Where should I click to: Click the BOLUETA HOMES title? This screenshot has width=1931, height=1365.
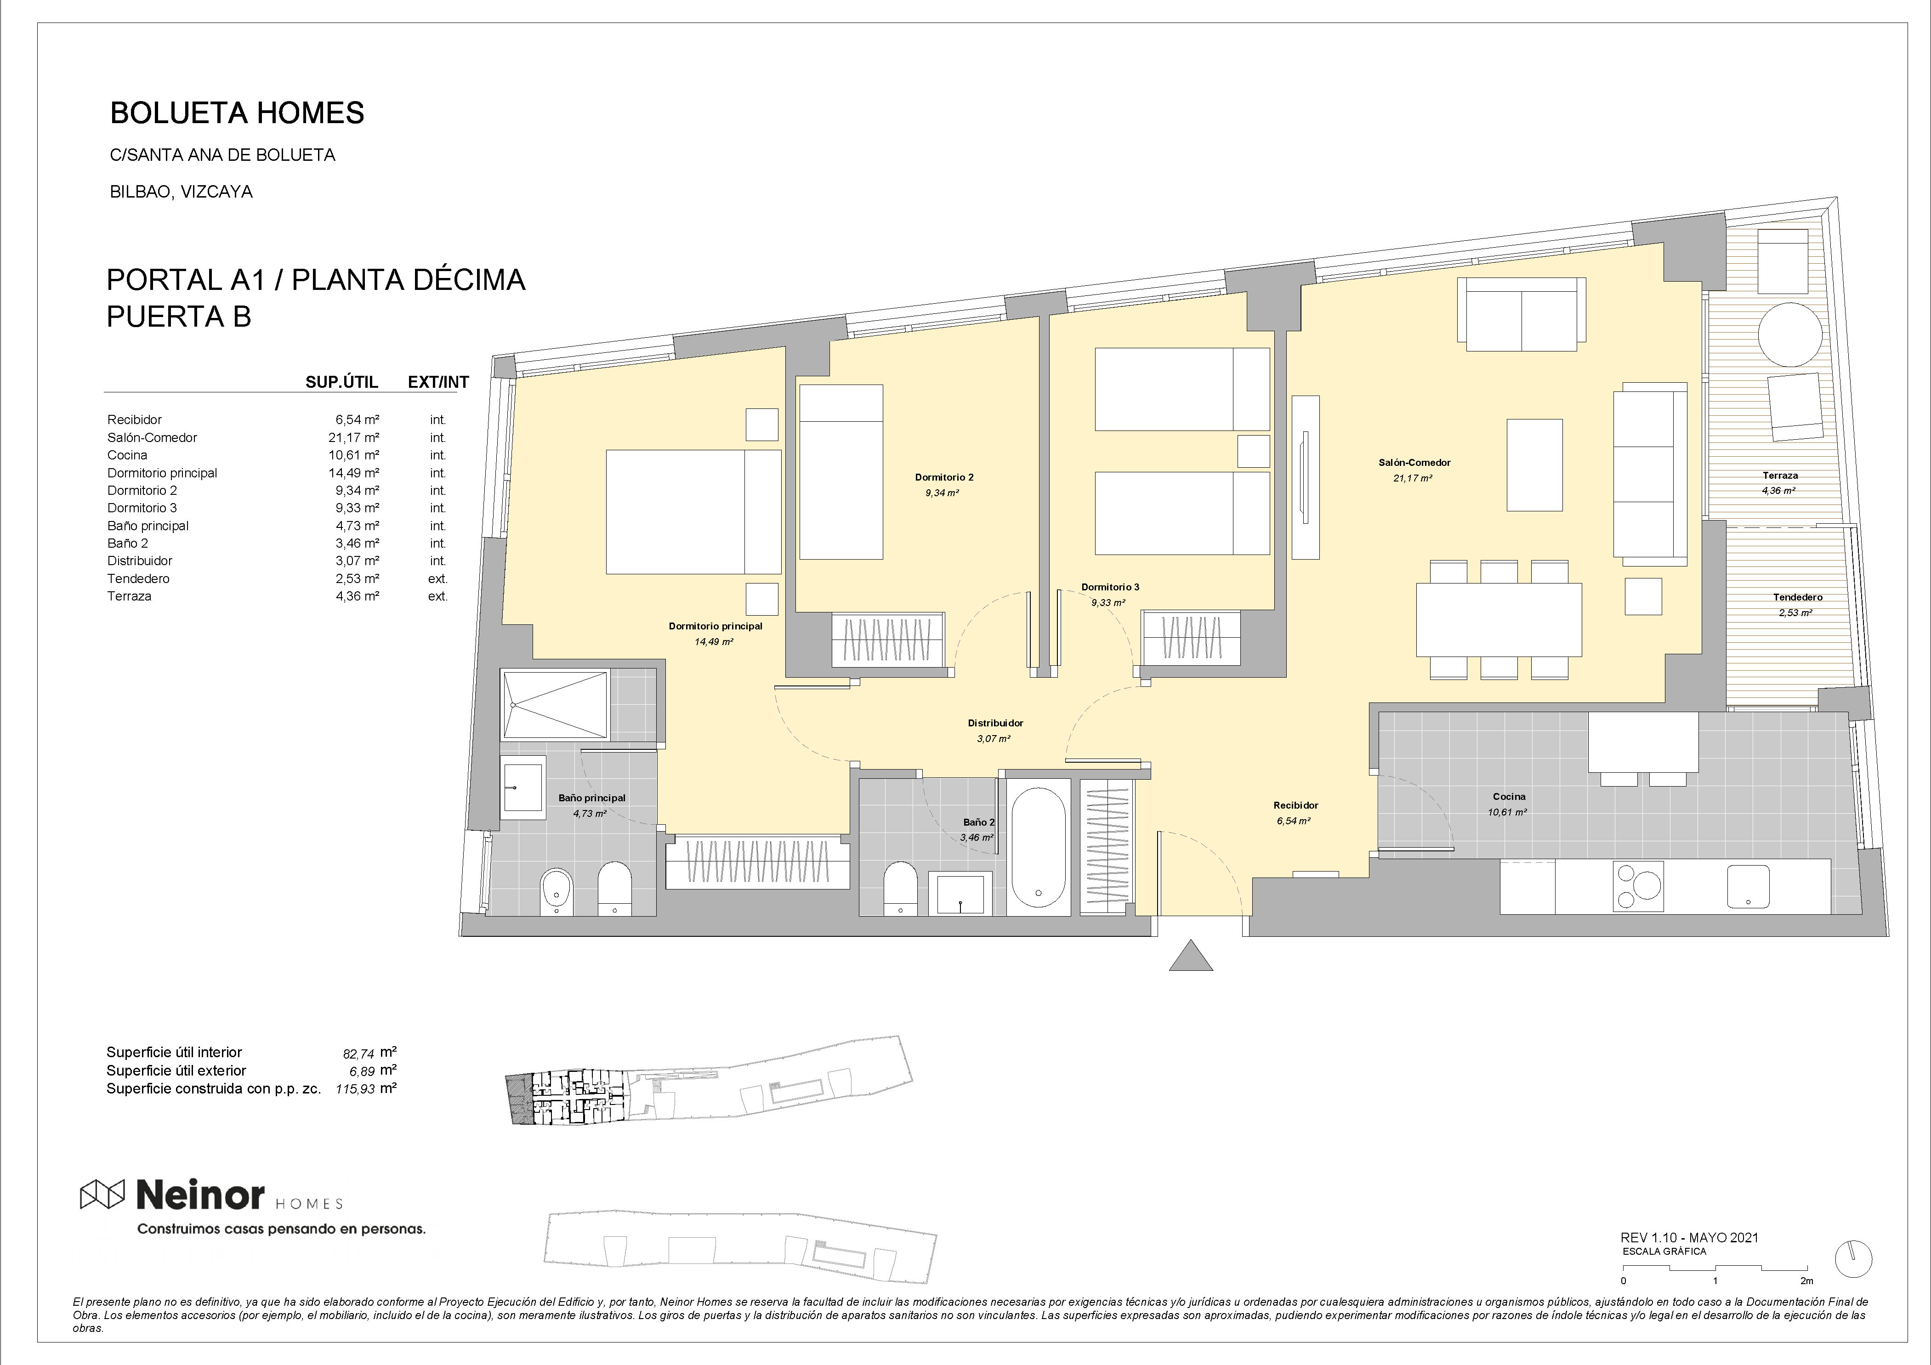tap(237, 113)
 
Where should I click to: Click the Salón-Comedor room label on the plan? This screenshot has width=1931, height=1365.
tap(1414, 463)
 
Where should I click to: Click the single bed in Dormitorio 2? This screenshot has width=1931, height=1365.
tap(841, 472)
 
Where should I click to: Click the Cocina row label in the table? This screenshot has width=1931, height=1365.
tap(127, 455)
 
